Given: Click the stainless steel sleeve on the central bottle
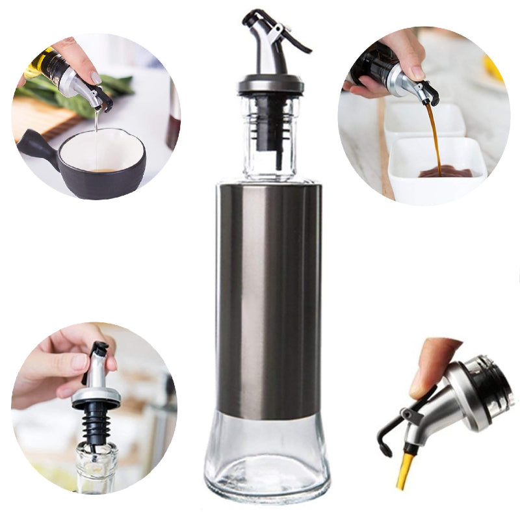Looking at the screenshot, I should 268,299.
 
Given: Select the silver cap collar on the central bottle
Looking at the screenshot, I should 270,84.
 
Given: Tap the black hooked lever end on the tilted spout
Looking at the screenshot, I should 384,445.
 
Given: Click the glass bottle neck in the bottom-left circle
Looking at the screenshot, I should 94,465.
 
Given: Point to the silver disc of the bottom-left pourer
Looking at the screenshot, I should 96,395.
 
